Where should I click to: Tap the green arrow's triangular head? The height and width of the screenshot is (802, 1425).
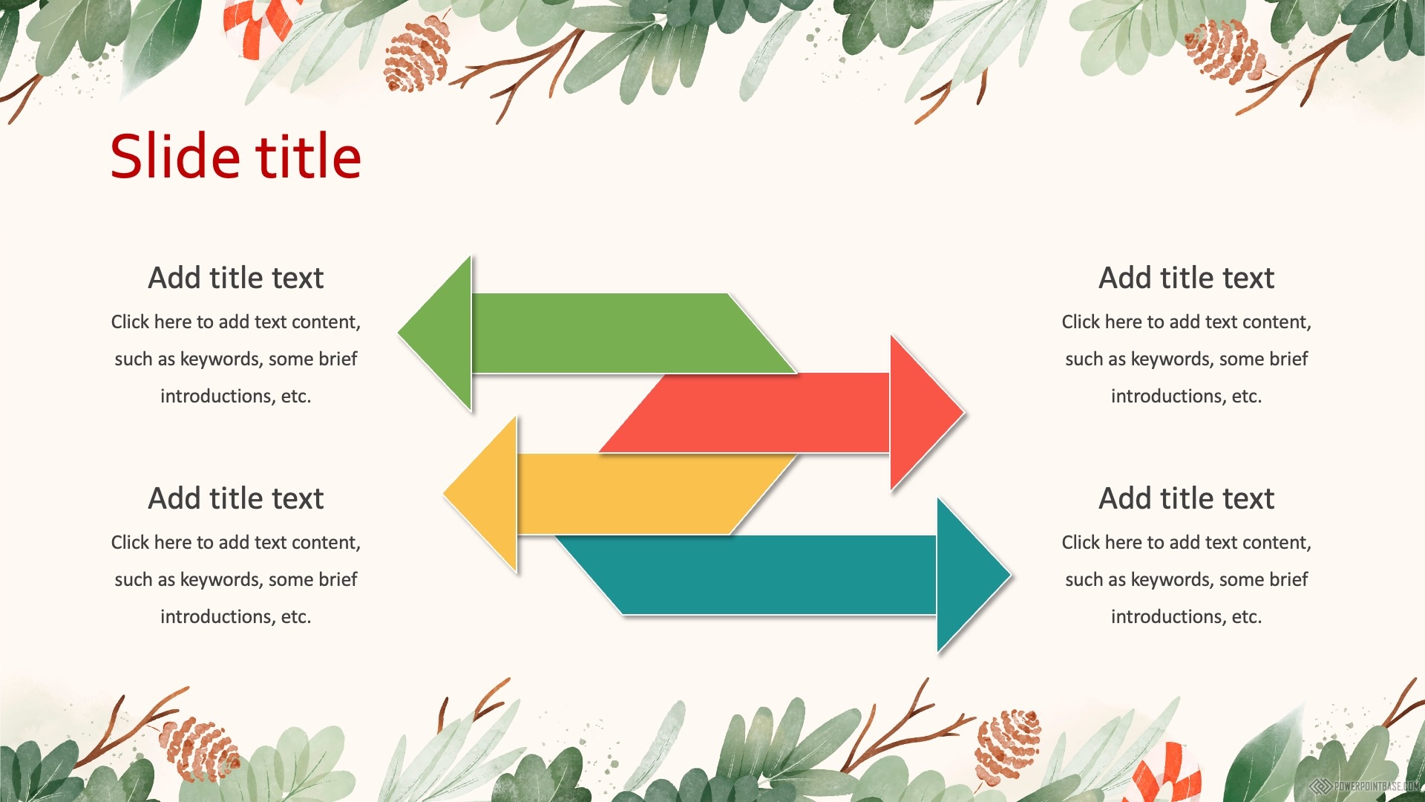pyautogui.click(x=435, y=333)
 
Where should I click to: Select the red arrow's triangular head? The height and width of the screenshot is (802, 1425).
pyautogui.click(x=927, y=413)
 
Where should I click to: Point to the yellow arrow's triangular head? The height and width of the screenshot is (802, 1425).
pyautogui.click(x=480, y=495)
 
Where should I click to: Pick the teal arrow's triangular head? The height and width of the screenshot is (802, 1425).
pyautogui.click(x=974, y=575)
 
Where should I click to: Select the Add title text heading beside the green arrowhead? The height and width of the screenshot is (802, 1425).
pyautogui.click(x=236, y=278)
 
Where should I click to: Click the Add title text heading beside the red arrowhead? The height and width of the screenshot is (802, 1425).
pyautogui.click(x=1186, y=278)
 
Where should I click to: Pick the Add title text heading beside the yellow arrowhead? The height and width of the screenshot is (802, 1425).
pyautogui.click(x=236, y=498)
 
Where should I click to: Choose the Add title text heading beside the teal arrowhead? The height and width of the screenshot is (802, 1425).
pyautogui.click(x=1186, y=498)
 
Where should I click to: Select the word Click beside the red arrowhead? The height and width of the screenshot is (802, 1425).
pyautogui.click(x=1081, y=322)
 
